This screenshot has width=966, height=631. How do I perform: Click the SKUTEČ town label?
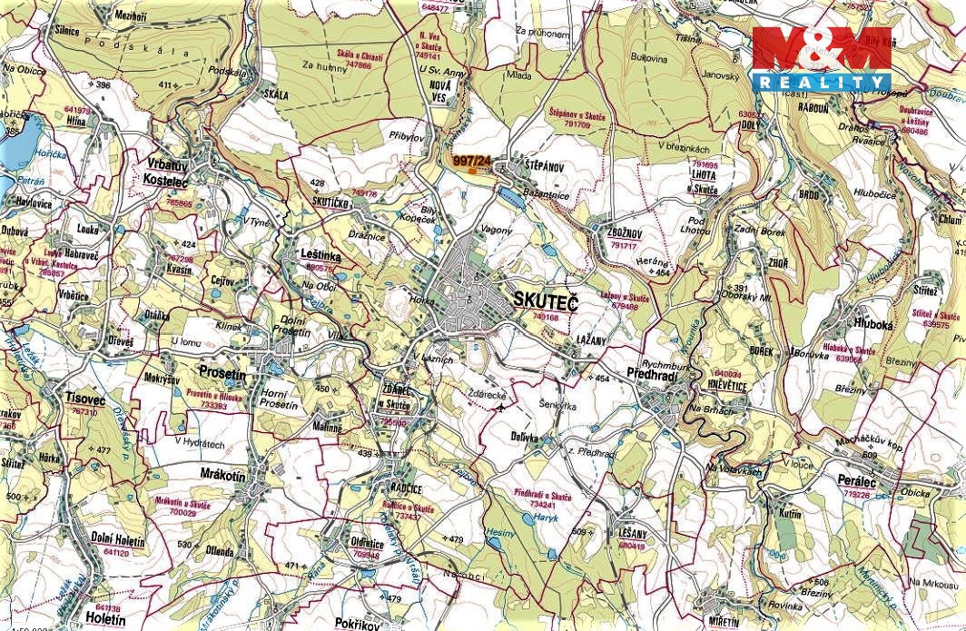[x=545, y=299]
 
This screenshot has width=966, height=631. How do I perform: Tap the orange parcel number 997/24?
[x=472, y=162]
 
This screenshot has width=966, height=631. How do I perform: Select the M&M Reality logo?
[x=822, y=57]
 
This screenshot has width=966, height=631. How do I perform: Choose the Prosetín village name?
[x=222, y=373]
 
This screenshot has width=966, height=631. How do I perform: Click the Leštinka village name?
[x=320, y=257]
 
